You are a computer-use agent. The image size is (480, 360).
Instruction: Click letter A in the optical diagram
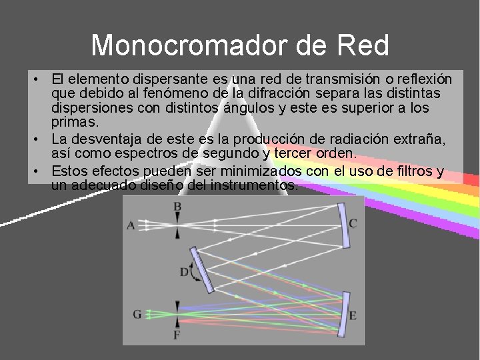point(130,225)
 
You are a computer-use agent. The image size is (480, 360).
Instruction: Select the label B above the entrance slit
point(177,207)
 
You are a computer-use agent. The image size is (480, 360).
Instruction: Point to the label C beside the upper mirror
point(352,223)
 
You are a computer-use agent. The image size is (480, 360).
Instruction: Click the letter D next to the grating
point(183,271)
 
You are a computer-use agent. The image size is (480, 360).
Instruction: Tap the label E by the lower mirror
point(352,315)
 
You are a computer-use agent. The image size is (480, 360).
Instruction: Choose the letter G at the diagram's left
point(137,314)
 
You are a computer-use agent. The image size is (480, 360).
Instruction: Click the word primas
point(75,123)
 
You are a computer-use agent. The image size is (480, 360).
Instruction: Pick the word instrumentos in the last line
point(257,185)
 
